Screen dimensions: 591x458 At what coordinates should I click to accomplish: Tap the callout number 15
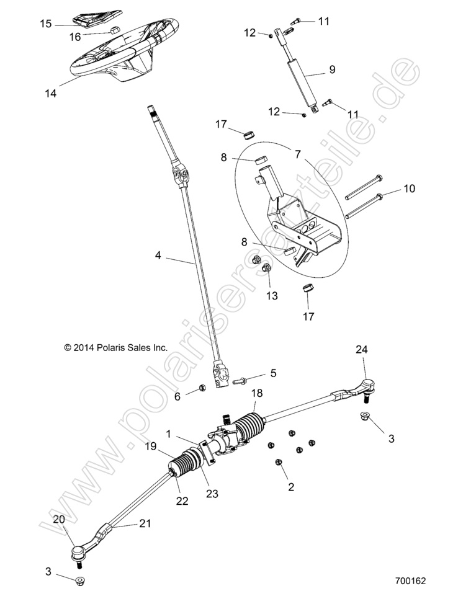(46, 24)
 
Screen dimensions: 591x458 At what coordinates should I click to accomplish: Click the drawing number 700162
(410, 582)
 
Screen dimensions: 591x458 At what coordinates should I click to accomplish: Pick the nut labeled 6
(202, 389)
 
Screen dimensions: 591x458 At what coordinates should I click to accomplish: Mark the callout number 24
(361, 350)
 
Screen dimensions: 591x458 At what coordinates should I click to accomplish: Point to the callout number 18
(256, 393)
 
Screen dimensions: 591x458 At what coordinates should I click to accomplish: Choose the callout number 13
(272, 296)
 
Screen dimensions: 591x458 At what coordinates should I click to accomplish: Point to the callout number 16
(74, 37)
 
